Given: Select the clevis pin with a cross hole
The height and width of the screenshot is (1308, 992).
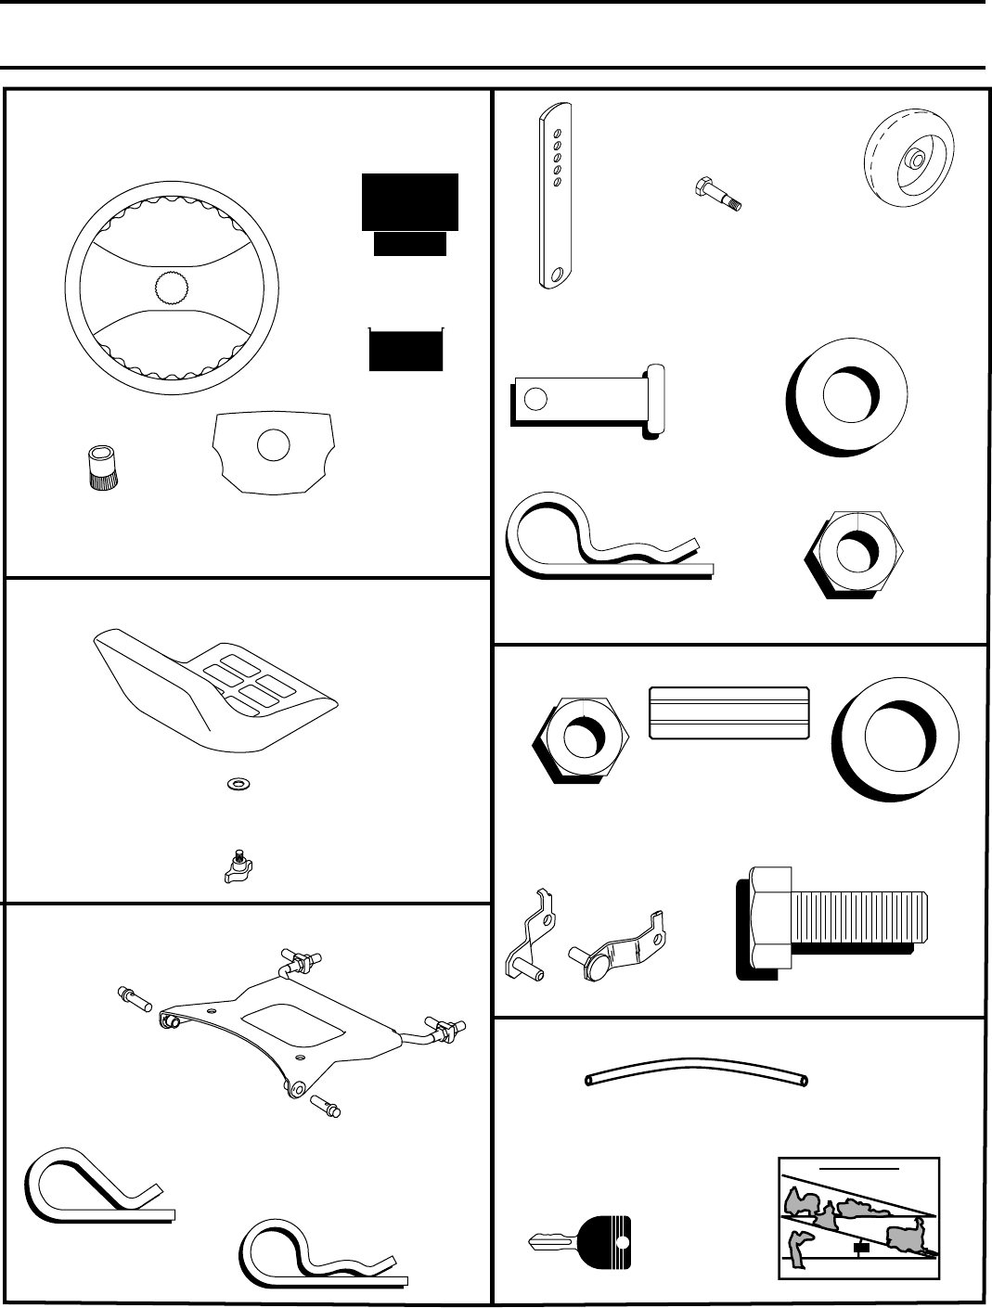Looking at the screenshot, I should coord(586,399).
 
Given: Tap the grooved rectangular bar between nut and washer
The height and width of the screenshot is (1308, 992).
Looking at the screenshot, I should coord(729,712).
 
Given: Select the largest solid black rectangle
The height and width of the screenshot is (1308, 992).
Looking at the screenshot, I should coord(409,200).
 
